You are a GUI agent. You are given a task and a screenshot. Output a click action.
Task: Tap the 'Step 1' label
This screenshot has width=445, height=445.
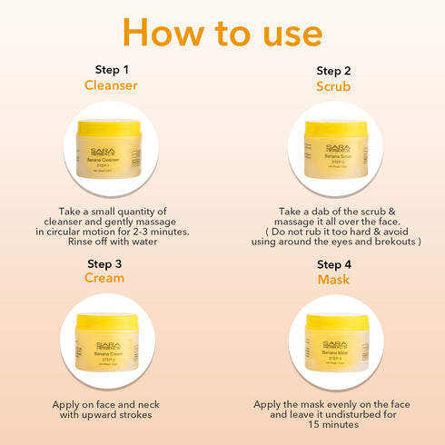[x=113, y=69]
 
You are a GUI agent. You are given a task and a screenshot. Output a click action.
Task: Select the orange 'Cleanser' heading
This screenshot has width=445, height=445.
[x=113, y=85]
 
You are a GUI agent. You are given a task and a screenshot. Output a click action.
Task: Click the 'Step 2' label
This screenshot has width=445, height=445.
[x=333, y=71]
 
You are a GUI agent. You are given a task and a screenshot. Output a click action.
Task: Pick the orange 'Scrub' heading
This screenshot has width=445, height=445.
[x=333, y=87]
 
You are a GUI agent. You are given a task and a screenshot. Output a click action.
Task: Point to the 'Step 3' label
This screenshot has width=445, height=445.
[x=113, y=263]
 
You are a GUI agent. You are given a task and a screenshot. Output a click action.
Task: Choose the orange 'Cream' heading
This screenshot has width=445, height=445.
[x=113, y=279]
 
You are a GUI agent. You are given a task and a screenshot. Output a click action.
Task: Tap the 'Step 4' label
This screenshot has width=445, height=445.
[x=333, y=264]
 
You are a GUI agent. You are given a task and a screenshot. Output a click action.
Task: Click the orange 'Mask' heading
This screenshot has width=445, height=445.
[x=333, y=280]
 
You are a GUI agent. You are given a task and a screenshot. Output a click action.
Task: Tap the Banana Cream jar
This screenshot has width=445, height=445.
[x=113, y=343]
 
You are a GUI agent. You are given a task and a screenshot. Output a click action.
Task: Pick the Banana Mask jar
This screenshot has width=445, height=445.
[x=333, y=343]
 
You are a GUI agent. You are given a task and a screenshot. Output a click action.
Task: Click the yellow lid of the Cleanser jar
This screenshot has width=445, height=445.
[x=113, y=130]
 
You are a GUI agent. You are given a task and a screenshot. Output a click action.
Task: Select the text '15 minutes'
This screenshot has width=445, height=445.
[x=333, y=423]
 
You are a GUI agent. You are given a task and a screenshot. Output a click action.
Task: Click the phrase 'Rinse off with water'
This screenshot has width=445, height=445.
[x=113, y=242]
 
